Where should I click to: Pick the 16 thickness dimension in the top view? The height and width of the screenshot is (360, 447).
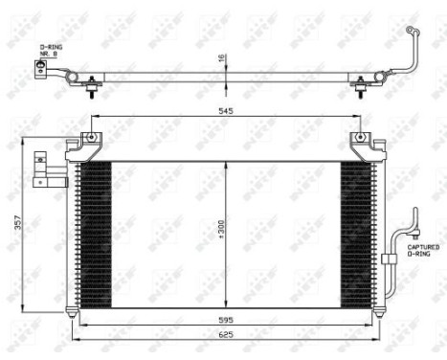pos(222,58)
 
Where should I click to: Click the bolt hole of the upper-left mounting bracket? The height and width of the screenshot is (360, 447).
pos(91,138)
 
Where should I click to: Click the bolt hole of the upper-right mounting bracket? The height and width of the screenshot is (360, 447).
pos(360,138)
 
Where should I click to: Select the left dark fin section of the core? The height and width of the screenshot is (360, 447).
pos(93,230)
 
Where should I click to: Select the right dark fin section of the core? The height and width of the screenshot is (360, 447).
pos(357,230)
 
